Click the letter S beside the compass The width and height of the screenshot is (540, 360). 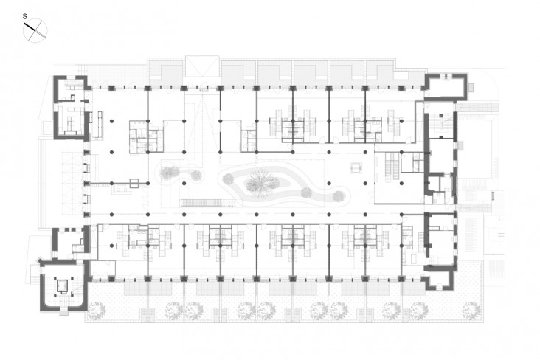point(24,16)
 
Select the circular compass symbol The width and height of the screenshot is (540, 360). point(35,30)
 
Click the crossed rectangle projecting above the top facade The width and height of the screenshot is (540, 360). point(202,66)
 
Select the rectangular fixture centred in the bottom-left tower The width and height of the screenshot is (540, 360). point(63,286)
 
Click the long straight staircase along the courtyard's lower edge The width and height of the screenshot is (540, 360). point(202,203)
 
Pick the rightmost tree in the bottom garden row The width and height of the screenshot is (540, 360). point(471,310)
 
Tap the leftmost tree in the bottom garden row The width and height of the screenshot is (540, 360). point(96,311)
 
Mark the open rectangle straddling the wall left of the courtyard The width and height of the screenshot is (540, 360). point(134,183)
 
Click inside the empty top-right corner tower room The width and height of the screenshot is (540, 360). point(446,87)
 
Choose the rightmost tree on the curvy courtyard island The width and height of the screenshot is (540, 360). point(339,196)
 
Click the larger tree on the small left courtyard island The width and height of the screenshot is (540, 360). point(170,172)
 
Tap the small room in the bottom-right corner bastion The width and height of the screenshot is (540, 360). point(439,279)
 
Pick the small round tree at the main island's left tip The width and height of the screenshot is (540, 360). point(229,179)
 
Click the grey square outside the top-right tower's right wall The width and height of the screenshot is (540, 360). point(471,88)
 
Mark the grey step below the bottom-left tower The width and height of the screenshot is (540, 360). point(63,313)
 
